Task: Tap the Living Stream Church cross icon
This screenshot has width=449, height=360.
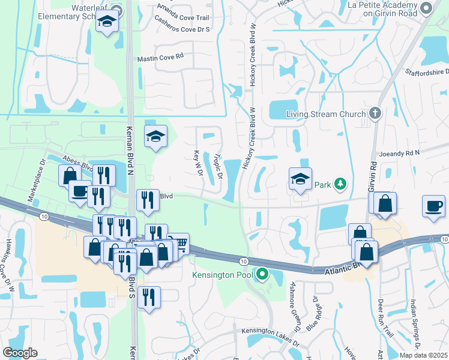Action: coord(375,113)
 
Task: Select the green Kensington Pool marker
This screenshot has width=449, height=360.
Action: coord(262,275)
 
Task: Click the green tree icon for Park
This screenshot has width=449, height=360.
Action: coord(340,184)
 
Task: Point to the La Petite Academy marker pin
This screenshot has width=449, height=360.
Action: coord(426,8)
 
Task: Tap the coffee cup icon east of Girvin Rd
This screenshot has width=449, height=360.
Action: coord(433,206)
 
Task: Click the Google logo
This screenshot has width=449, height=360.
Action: coord(20,353)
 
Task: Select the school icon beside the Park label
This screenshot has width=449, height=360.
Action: coord(300,178)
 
